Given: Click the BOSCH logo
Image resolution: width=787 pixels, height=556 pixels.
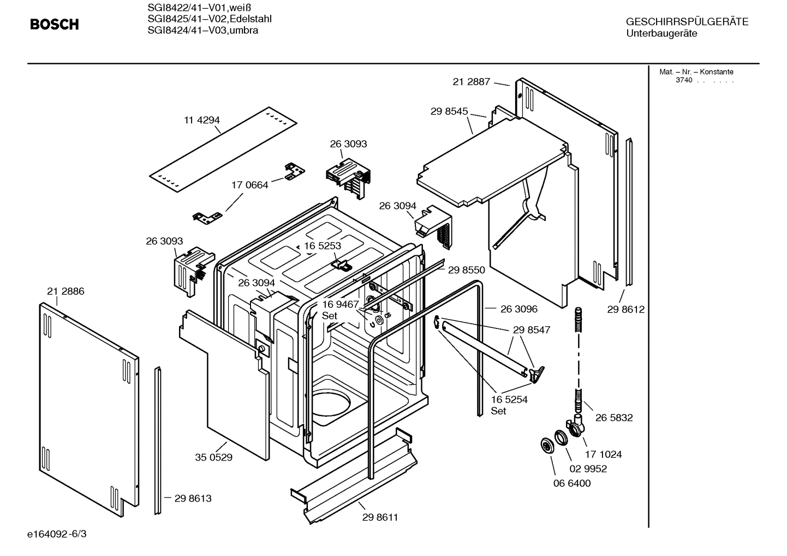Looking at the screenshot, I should click(x=54, y=25).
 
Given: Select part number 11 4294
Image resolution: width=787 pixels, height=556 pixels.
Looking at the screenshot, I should click(x=201, y=120).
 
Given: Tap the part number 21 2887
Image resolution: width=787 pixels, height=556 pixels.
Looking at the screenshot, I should click(x=471, y=82).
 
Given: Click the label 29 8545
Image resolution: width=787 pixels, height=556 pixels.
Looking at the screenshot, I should click(x=449, y=111).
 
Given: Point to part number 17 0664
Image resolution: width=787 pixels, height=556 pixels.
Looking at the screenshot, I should click(x=249, y=185).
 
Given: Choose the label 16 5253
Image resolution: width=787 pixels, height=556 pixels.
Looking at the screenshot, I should click(x=323, y=246).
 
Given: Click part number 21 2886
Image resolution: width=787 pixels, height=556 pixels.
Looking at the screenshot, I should click(x=65, y=291).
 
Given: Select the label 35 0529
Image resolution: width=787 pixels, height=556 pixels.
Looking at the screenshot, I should click(x=213, y=457).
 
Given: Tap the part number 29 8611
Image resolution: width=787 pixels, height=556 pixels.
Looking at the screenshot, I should click(x=380, y=517).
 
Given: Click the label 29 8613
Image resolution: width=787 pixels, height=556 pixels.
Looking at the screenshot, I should click(x=193, y=498).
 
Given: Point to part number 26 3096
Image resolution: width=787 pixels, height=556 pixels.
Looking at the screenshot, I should click(x=518, y=309).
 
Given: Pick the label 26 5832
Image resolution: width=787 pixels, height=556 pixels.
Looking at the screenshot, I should click(x=614, y=417).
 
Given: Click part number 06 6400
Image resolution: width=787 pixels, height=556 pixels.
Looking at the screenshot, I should click(x=571, y=483).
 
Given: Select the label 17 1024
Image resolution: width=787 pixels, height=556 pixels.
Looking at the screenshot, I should click(x=603, y=454).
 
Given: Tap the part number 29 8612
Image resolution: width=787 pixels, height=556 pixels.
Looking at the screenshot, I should click(x=625, y=309).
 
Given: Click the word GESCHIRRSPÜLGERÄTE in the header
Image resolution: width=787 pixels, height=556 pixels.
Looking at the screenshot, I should click(x=687, y=22).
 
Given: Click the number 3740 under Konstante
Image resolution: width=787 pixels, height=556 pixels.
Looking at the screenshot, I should click(x=683, y=80).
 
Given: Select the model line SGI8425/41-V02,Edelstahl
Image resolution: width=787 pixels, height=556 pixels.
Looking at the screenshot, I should click(x=210, y=19).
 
